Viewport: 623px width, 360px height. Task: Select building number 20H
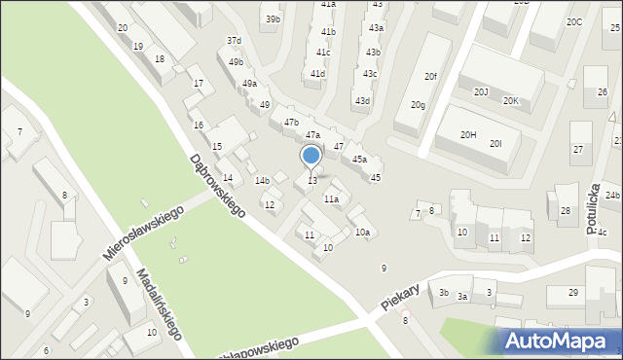[468, 134]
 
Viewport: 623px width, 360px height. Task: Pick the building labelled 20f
[430, 76]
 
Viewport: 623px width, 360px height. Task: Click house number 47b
[291, 122]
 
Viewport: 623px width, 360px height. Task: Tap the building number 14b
[262, 180]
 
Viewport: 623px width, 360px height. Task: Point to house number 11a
[331, 198]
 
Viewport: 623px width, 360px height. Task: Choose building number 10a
[362, 232]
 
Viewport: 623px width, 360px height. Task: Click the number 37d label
[234, 41]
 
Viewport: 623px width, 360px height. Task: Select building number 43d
[362, 100]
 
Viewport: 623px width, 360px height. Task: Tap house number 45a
[359, 159]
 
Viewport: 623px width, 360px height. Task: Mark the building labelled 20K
[511, 100]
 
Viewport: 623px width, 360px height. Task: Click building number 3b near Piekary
[443, 292]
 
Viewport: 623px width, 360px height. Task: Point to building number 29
[573, 292]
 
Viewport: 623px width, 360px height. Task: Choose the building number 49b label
[237, 62]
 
